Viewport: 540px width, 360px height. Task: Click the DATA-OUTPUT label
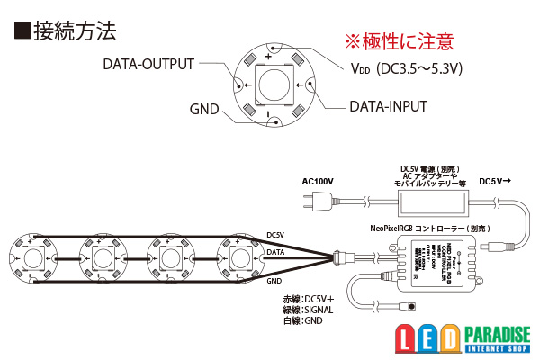pyautogui.click(x=149, y=65)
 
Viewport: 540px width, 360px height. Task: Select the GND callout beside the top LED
pyautogui.click(x=204, y=108)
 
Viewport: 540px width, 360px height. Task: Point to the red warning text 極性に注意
pyautogui.click(x=400, y=41)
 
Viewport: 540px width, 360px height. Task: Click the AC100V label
pyautogui.click(x=317, y=181)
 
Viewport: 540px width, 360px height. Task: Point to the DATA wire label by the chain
pyautogui.click(x=277, y=255)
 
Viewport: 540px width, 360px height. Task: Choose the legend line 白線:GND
pyautogui.click(x=303, y=320)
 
